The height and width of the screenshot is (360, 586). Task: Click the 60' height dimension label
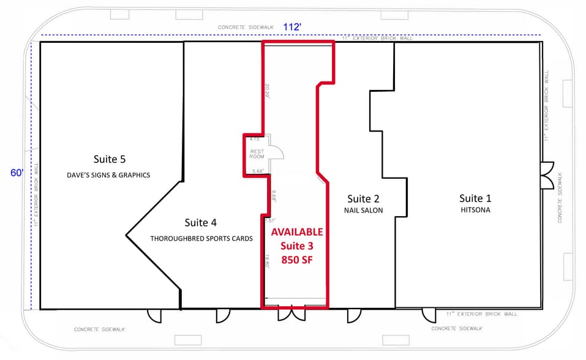pyautogui.click(x=17, y=173)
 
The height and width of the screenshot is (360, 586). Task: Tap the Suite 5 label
pyautogui.click(x=110, y=159)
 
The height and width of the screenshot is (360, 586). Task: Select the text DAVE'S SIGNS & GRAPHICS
pyautogui.click(x=108, y=175)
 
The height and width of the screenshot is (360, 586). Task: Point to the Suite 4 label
pyautogui.click(x=201, y=223)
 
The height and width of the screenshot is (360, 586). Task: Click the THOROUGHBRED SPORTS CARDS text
pyautogui.click(x=201, y=239)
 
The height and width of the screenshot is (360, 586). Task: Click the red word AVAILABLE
pyautogui.click(x=296, y=232)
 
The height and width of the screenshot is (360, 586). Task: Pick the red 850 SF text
pyautogui.click(x=296, y=260)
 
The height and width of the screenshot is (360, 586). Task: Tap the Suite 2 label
pyautogui.click(x=364, y=198)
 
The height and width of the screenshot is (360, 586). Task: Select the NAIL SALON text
pyautogui.click(x=364, y=211)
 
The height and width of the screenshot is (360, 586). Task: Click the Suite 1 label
pyautogui.click(x=475, y=198)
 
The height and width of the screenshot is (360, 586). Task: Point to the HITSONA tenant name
pyautogui.click(x=475, y=210)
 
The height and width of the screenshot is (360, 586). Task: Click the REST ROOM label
pyautogui.click(x=256, y=154)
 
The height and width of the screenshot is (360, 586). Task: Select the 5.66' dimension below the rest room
pyautogui.click(x=257, y=171)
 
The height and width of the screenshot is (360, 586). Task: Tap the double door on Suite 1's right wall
pyautogui.click(x=547, y=175)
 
